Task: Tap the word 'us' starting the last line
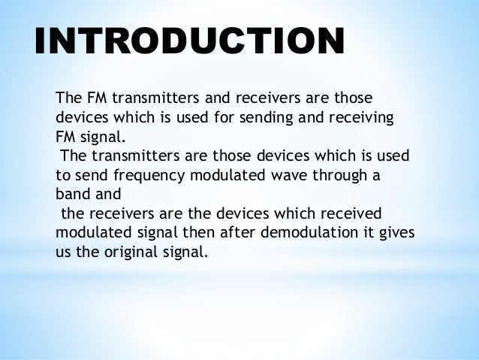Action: pos(63,252)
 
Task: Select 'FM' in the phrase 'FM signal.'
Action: pos(66,138)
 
